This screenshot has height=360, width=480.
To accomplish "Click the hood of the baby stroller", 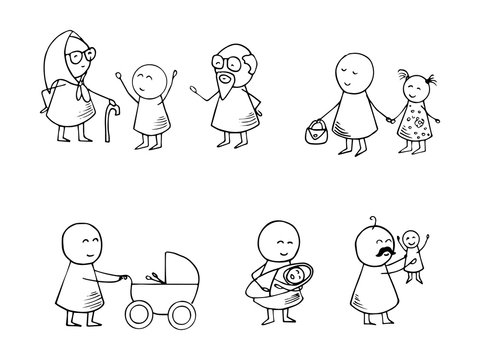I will [x=173, y=270].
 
